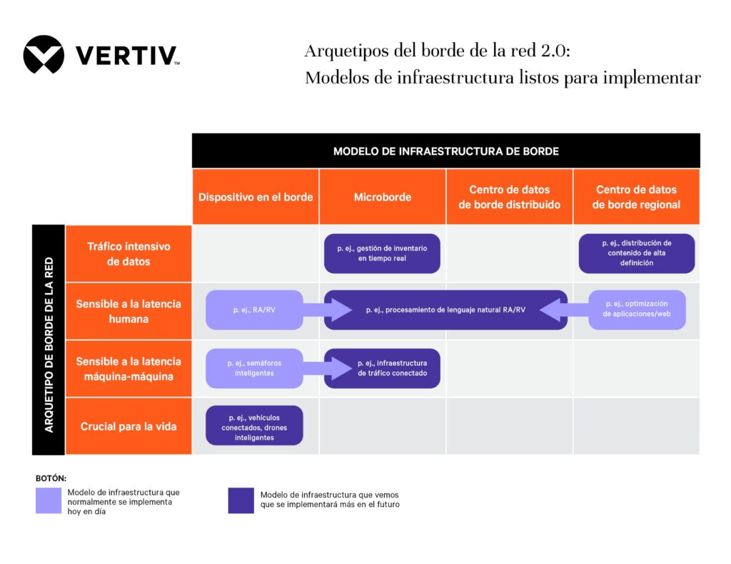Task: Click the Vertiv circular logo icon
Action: pyautogui.click(x=44, y=55)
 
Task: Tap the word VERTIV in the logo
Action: pyautogui.click(x=126, y=56)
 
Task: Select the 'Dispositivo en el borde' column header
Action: pyautogui.click(x=256, y=197)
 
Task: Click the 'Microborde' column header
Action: pyautogui.click(x=383, y=197)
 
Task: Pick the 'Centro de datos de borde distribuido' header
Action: pyautogui.click(x=510, y=197)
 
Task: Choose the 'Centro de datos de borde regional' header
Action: pyautogui.click(x=636, y=197)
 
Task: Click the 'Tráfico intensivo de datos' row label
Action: pyautogui.click(x=128, y=254)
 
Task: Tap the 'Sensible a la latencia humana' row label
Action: pyautogui.click(x=128, y=311)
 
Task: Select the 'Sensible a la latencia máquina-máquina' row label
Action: pyautogui.click(x=128, y=369)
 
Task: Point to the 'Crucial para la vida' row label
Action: pyautogui.click(x=128, y=426)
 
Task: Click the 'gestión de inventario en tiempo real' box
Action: pyautogui.click(x=382, y=253)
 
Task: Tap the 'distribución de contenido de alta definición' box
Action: pyautogui.click(x=636, y=253)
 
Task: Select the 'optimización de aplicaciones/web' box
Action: pyautogui.click(x=637, y=309)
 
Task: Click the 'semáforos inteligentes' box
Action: pyautogui.click(x=254, y=368)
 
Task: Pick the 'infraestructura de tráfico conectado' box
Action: pyautogui.click(x=382, y=368)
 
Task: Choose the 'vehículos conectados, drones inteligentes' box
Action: pyautogui.click(x=254, y=426)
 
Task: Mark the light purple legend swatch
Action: pyautogui.click(x=49, y=500)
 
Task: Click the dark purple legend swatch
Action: pyautogui.click(x=241, y=500)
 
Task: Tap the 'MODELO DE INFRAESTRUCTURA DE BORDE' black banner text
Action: pyautogui.click(x=445, y=151)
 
